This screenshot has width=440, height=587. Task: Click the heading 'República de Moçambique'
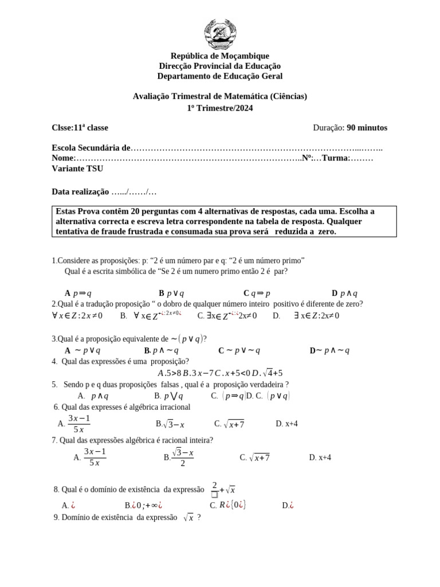(219, 56)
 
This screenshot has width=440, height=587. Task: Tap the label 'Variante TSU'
(77, 169)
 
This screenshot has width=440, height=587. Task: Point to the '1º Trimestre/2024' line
(219, 107)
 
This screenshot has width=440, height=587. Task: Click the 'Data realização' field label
(80, 191)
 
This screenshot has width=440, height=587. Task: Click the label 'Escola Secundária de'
(91, 148)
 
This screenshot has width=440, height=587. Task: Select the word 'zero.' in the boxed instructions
(325, 232)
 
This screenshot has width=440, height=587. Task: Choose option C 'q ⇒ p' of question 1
(257, 293)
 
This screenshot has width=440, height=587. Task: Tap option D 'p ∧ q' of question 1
(345, 293)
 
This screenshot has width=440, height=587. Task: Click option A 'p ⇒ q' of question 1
(78, 293)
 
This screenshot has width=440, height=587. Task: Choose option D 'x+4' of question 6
(286, 424)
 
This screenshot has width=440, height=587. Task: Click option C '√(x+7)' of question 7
(255, 457)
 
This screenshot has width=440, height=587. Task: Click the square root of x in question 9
(188, 517)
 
